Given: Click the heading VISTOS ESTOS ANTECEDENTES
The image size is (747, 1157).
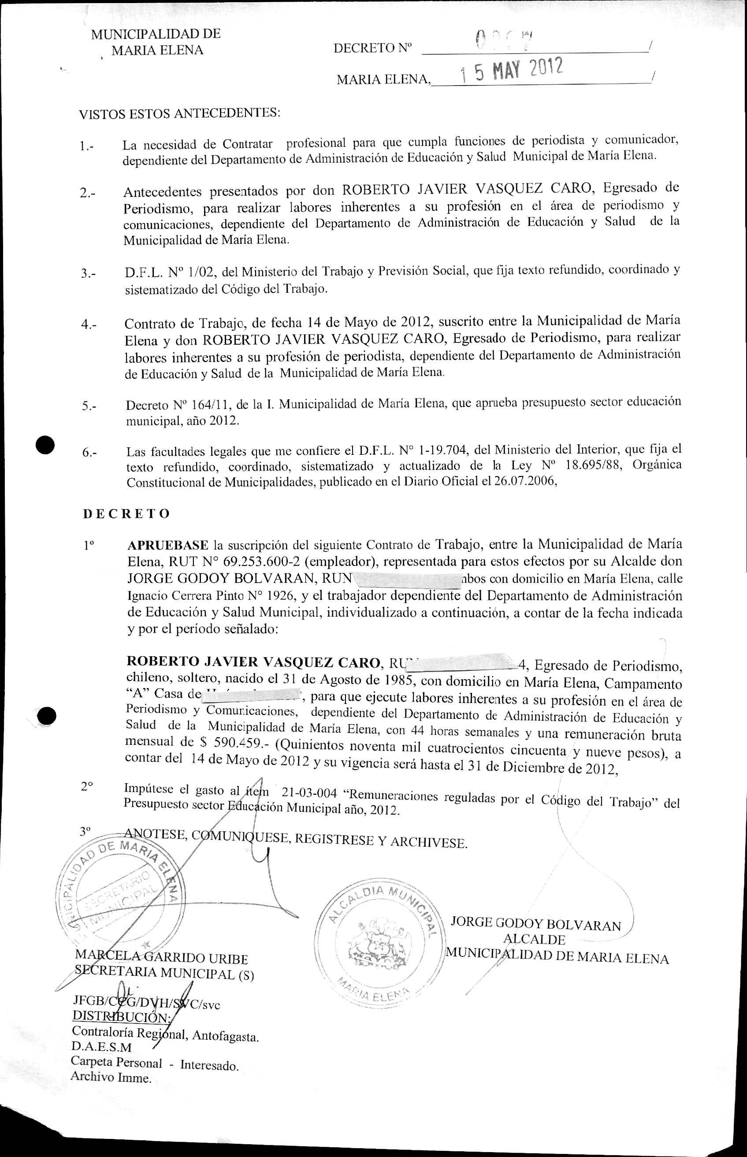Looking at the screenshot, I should [x=179, y=114].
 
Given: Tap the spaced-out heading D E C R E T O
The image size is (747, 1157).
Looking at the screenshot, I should [x=126, y=514].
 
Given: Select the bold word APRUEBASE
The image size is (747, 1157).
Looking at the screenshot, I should [x=168, y=545].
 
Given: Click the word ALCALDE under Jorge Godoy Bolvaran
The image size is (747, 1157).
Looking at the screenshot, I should [x=534, y=940].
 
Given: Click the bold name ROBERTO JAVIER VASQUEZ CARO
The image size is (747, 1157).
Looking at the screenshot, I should [x=253, y=662].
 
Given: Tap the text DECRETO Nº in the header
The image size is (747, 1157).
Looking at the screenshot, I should [x=372, y=48].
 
